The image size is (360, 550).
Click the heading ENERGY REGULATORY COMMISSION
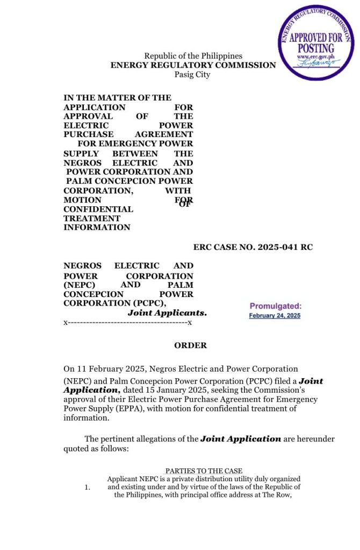pyautogui.click(x=193, y=65)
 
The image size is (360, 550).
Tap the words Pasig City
pyautogui.click(x=192, y=74)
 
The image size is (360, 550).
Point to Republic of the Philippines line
pyautogui.click(x=193, y=56)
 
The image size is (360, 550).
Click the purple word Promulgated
pyautogui.click(x=275, y=306)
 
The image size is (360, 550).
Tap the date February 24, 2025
pyautogui.click(x=275, y=316)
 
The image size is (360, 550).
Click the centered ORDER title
pyautogui.click(x=190, y=345)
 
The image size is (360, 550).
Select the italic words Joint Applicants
pyautogui.click(x=167, y=313)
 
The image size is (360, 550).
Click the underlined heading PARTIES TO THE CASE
pyautogui.click(x=204, y=471)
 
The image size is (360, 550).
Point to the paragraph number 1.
pyautogui.click(x=87, y=487)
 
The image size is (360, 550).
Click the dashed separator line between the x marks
pyautogui.click(x=127, y=322)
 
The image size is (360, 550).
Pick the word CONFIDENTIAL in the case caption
pyautogui.click(x=98, y=209)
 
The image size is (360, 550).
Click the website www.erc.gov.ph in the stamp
pyautogui.click(x=315, y=56)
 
